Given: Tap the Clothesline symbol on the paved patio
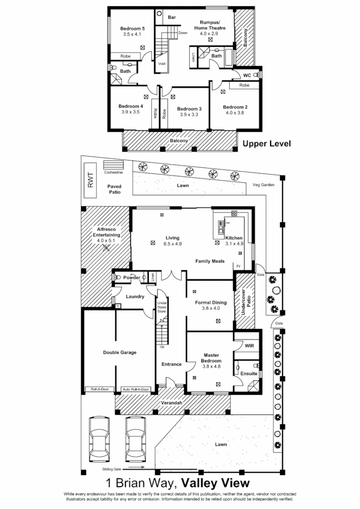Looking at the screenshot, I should pyautogui.click(x=112, y=166).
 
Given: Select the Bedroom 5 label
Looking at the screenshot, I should pyautogui.click(x=132, y=28).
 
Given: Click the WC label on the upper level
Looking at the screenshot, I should pyautogui.click(x=247, y=75).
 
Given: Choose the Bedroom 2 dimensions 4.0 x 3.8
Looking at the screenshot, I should pyautogui.click(x=235, y=113).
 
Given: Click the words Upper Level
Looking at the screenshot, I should pyautogui.click(x=267, y=144).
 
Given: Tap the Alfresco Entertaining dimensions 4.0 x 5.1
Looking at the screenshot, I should pyautogui.click(x=105, y=241).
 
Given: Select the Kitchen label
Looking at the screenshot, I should pyautogui.click(x=234, y=238).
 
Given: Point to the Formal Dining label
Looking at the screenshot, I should pyautogui.click(x=210, y=302).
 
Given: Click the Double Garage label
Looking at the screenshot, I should pyautogui.click(x=119, y=352).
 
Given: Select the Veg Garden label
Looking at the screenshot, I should pyautogui.click(x=264, y=184).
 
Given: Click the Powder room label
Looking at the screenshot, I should pyautogui.click(x=132, y=277).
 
